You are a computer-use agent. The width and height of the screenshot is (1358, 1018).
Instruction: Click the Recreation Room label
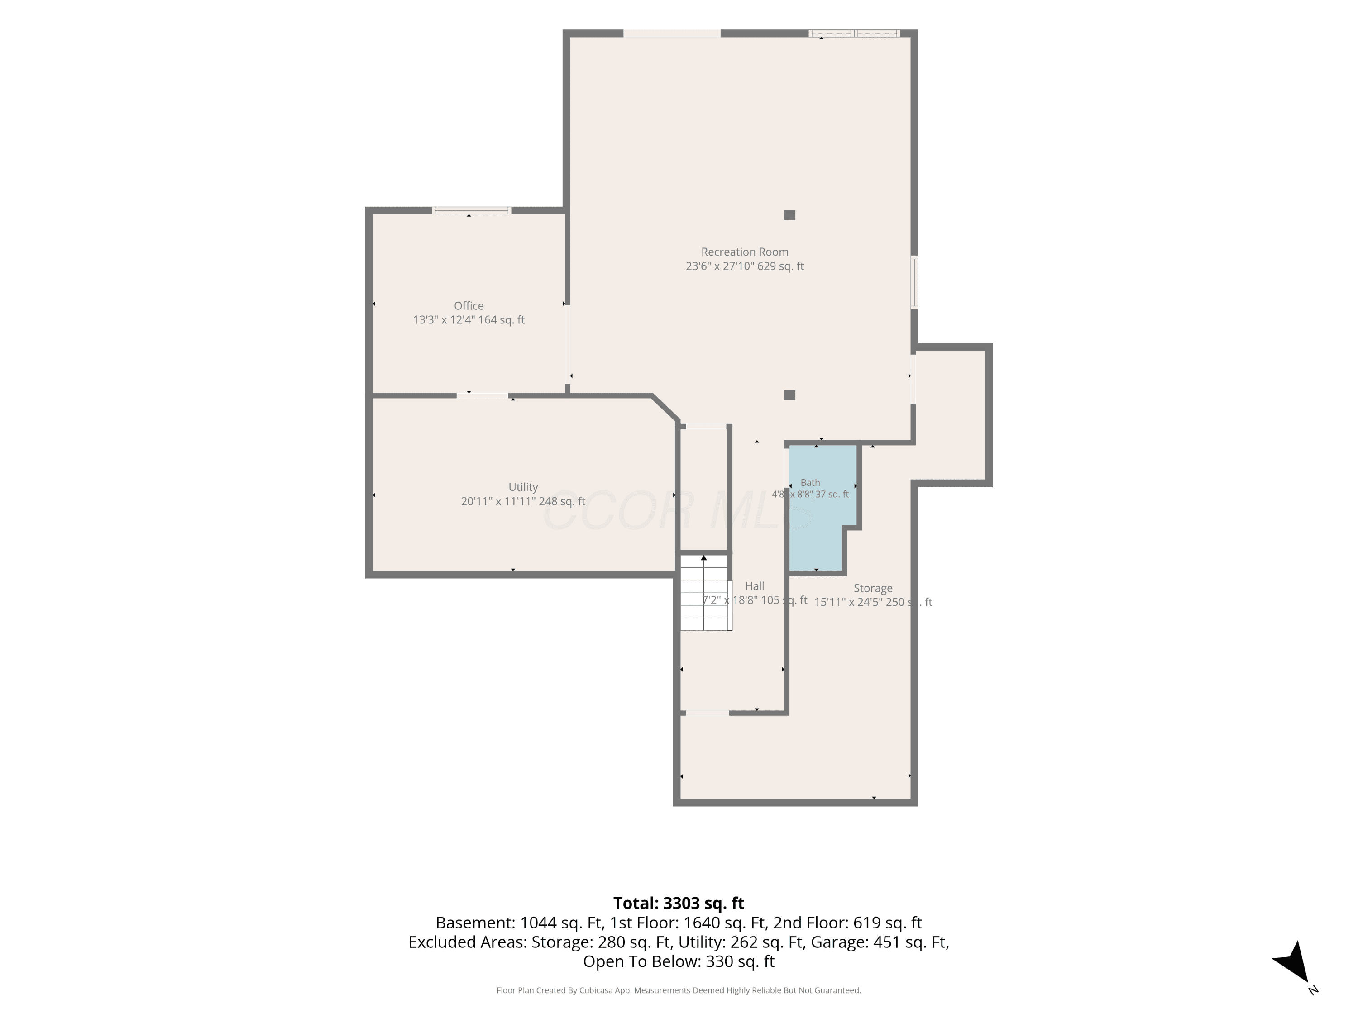[x=745, y=252]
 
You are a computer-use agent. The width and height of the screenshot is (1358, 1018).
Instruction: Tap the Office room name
[x=469, y=305]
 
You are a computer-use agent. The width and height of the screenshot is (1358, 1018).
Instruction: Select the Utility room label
[x=523, y=486]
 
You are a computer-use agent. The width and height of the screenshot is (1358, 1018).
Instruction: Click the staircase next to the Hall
[x=705, y=593]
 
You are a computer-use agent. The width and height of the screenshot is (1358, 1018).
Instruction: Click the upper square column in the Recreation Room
[x=789, y=215]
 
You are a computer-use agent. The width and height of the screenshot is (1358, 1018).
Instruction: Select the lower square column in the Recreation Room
[x=789, y=395]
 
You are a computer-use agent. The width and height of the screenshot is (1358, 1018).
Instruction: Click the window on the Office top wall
[x=472, y=210]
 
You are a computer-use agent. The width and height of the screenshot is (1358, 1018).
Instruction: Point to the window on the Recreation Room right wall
[x=914, y=282]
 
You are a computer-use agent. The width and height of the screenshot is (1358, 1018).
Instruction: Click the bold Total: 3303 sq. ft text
[x=679, y=903]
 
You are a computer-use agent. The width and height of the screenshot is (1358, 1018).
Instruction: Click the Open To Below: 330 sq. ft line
[x=679, y=961]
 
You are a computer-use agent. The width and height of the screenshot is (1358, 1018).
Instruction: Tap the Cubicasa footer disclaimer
[x=679, y=990]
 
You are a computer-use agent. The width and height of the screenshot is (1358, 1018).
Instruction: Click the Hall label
[x=755, y=586]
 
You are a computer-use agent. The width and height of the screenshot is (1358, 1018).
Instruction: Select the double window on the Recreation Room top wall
[x=854, y=33]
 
